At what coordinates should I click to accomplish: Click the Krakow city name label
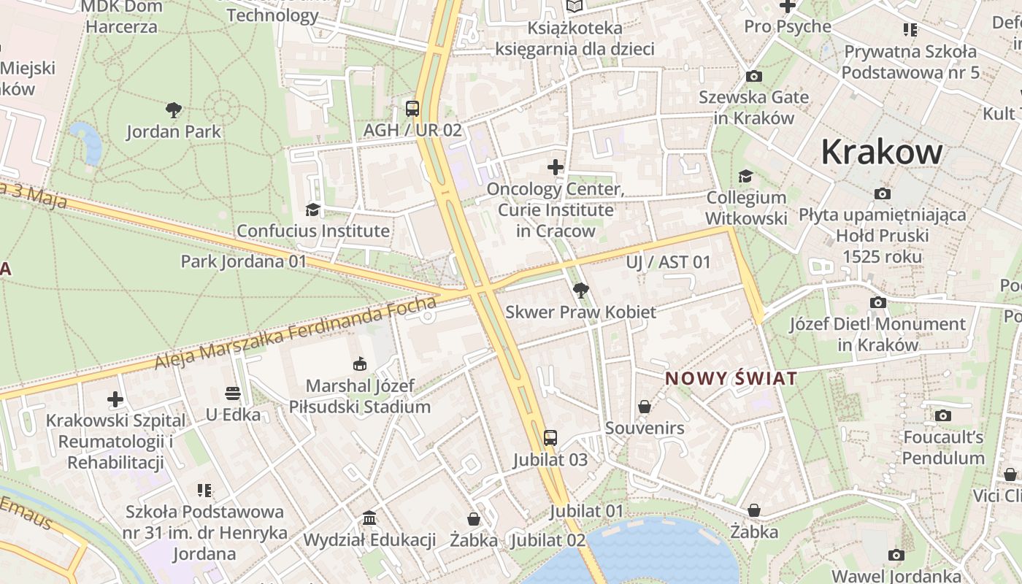[x=882, y=152]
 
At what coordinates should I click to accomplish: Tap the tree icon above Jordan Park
[x=174, y=110]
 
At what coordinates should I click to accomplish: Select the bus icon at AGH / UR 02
[x=412, y=109]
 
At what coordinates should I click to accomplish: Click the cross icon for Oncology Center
[x=556, y=167]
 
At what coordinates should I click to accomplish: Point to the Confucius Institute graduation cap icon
[x=313, y=210]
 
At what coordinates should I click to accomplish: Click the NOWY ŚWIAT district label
[x=731, y=379]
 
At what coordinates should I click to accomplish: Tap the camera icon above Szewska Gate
[x=754, y=76]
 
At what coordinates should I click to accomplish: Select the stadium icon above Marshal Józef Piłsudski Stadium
[x=360, y=364]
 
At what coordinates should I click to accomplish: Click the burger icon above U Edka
[x=233, y=393]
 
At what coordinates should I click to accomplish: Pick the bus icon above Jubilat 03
[x=550, y=438]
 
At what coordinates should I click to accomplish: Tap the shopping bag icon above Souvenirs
[x=645, y=407]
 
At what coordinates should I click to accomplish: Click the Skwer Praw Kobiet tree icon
[x=580, y=291]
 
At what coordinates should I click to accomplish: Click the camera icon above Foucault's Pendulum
[x=943, y=416]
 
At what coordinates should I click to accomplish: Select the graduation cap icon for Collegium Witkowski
[x=746, y=177]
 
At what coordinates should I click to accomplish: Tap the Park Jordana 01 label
[x=244, y=261]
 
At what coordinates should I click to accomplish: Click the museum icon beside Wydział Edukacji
[x=369, y=518]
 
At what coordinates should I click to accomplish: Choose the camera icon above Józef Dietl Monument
[x=878, y=302]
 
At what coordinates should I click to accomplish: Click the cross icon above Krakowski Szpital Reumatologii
[x=115, y=399]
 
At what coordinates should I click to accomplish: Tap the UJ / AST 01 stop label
[x=668, y=262]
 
